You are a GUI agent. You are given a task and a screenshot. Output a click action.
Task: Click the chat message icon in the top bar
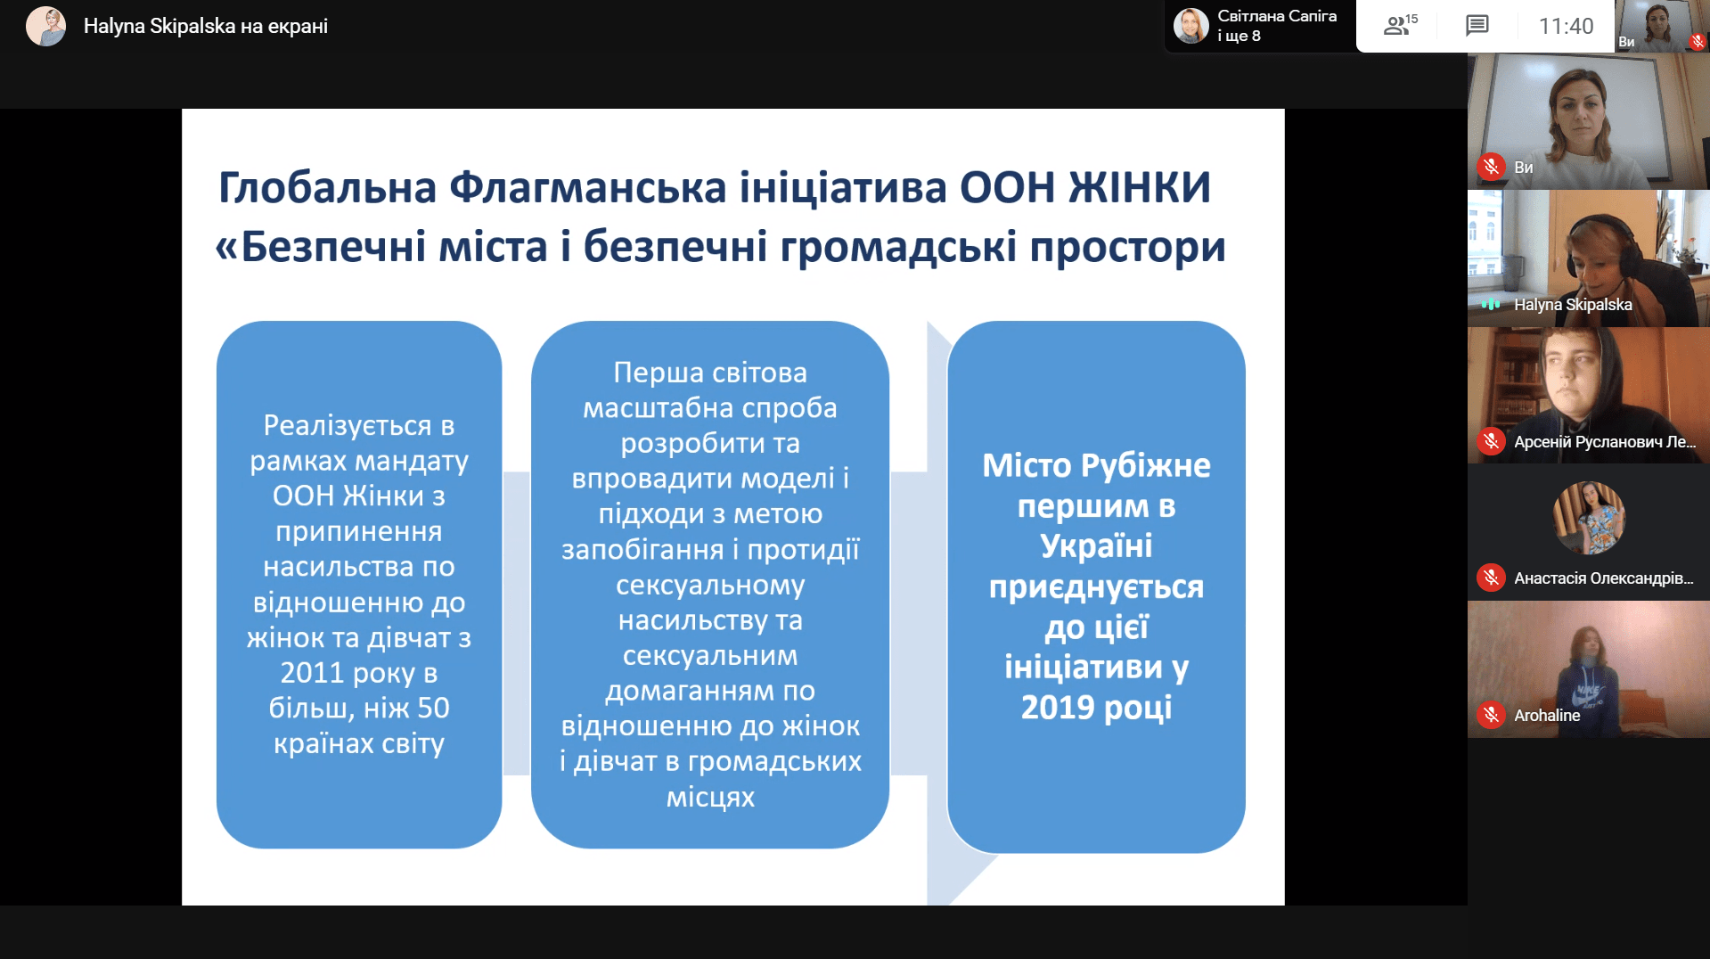click(1477, 25)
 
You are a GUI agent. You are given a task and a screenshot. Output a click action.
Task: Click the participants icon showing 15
click(1400, 25)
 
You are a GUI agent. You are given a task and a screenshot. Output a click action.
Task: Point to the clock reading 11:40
click(1566, 26)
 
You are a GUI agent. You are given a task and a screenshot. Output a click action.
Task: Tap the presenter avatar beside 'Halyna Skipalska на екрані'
click(45, 26)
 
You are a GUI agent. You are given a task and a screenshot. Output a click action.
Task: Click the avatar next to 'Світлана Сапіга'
click(1191, 26)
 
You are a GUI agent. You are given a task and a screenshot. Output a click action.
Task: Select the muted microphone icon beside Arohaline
click(1491, 715)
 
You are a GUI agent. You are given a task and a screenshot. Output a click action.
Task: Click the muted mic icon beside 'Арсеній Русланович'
click(1491, 441)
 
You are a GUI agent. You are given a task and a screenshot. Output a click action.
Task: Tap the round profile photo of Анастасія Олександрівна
click(1589, 518)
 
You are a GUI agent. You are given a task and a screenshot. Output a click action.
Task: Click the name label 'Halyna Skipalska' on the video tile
click(1573, 305)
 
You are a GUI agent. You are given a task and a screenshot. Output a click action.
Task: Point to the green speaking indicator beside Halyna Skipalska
click(1491, 304)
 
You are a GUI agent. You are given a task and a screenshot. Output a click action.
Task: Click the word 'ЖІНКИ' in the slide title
click(1140, 188)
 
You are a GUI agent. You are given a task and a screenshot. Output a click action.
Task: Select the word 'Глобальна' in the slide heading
click(327, 188)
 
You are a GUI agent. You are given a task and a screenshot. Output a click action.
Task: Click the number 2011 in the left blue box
click(311, 673)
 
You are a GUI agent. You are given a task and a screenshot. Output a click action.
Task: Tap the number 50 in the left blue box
click(433, 709)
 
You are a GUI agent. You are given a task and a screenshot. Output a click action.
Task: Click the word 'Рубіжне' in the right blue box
click(1145, 466)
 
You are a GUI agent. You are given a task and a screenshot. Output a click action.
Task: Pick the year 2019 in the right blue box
click(1059, 708)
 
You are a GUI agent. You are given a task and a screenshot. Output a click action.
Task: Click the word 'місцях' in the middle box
click(710, 797)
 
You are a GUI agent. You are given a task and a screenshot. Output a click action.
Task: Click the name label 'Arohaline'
click(1547, 716)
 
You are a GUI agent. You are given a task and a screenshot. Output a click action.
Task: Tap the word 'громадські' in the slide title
click(898, 248)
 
